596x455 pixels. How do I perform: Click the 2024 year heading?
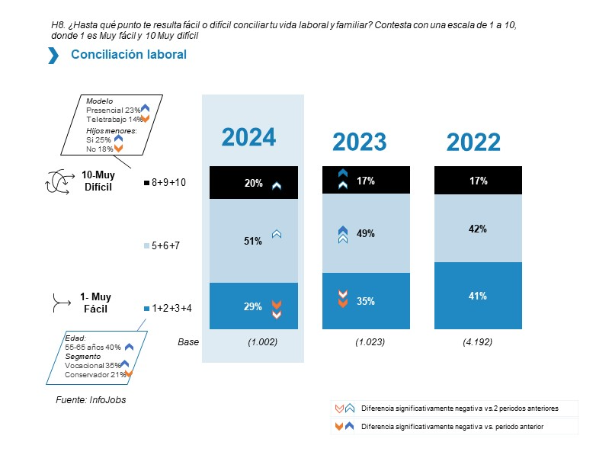(x=248, y=137)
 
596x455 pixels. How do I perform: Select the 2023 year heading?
(x=359, y=142)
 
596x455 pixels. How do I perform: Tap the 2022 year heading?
(x=473, y=142)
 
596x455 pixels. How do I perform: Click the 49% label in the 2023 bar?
(x=366, y=234)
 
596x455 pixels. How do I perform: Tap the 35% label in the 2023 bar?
(x=366, y=301)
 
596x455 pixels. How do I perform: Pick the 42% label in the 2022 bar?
(x=478, y=229)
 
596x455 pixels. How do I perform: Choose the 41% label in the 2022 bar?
(x=478, y=296)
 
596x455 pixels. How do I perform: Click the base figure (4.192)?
(x=477, y=342)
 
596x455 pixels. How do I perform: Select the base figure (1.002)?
(x=263, y=342)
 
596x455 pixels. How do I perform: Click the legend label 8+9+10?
(x=168, y=183)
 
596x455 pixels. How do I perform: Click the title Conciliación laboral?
(x=128, y=55)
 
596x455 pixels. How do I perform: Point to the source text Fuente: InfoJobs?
(x=91, y=399)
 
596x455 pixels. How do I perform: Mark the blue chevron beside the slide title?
(x=53, y=55)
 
